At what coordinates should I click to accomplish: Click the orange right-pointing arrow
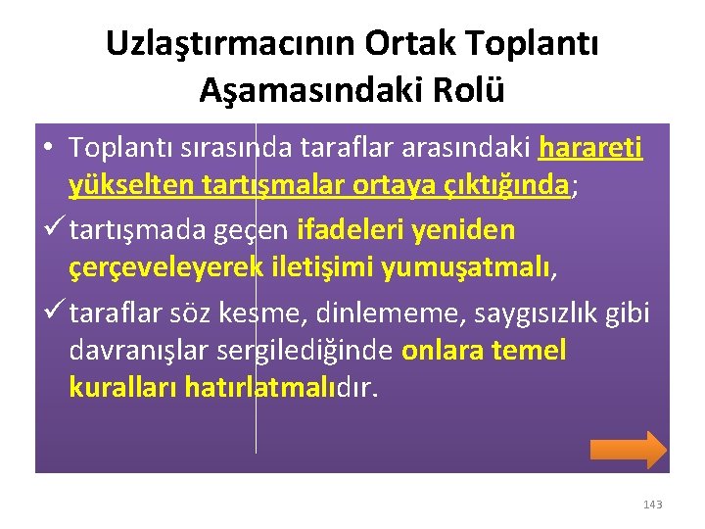628,449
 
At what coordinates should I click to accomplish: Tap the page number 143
652,505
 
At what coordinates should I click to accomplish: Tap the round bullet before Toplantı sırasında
48,148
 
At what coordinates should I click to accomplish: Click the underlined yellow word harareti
590,147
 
